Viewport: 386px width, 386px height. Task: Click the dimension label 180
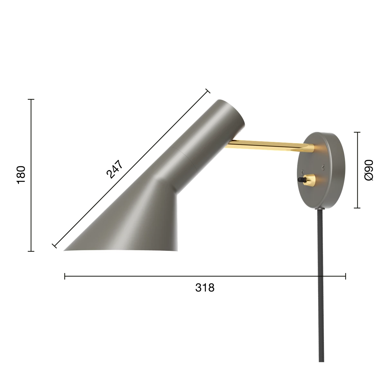pyautogui.click(x=21, y=175)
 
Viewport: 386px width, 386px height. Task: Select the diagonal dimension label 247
pyautogui.click(x=115, y=169)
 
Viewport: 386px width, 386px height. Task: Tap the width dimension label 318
pyautogui.click(x=205, y=288)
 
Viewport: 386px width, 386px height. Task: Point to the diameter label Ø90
pyautogui.click(x=369, y=170)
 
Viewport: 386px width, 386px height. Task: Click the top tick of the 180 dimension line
pyautogui.click(x=31, y=99)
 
